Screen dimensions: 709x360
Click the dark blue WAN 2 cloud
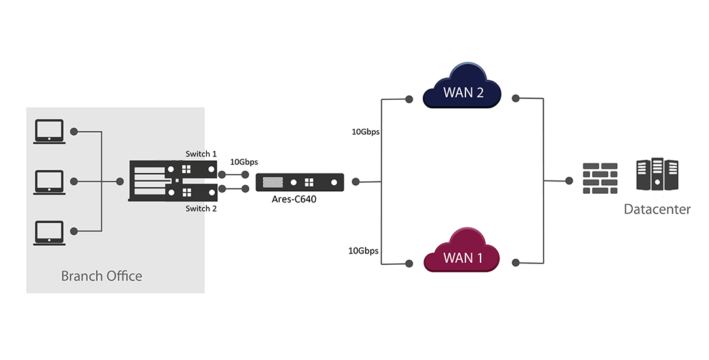462,86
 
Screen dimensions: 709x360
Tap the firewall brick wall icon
600,178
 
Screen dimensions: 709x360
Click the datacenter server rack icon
657,174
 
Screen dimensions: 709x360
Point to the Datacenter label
657,210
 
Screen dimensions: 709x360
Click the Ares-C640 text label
294,199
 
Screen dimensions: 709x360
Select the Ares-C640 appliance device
300,182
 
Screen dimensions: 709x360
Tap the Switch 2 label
201,208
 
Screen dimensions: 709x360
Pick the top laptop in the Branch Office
49,131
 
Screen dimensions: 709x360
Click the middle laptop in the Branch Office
49,182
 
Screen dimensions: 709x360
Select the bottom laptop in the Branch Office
49,233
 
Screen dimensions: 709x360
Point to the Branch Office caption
101,276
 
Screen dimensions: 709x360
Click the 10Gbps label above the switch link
244,162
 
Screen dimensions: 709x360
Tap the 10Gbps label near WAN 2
366,132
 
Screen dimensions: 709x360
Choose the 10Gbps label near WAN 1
363,250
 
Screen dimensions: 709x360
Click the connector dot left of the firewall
569,181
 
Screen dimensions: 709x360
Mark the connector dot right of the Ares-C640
356,182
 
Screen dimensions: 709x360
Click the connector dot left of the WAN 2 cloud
409,99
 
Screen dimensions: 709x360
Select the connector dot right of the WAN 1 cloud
516,263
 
